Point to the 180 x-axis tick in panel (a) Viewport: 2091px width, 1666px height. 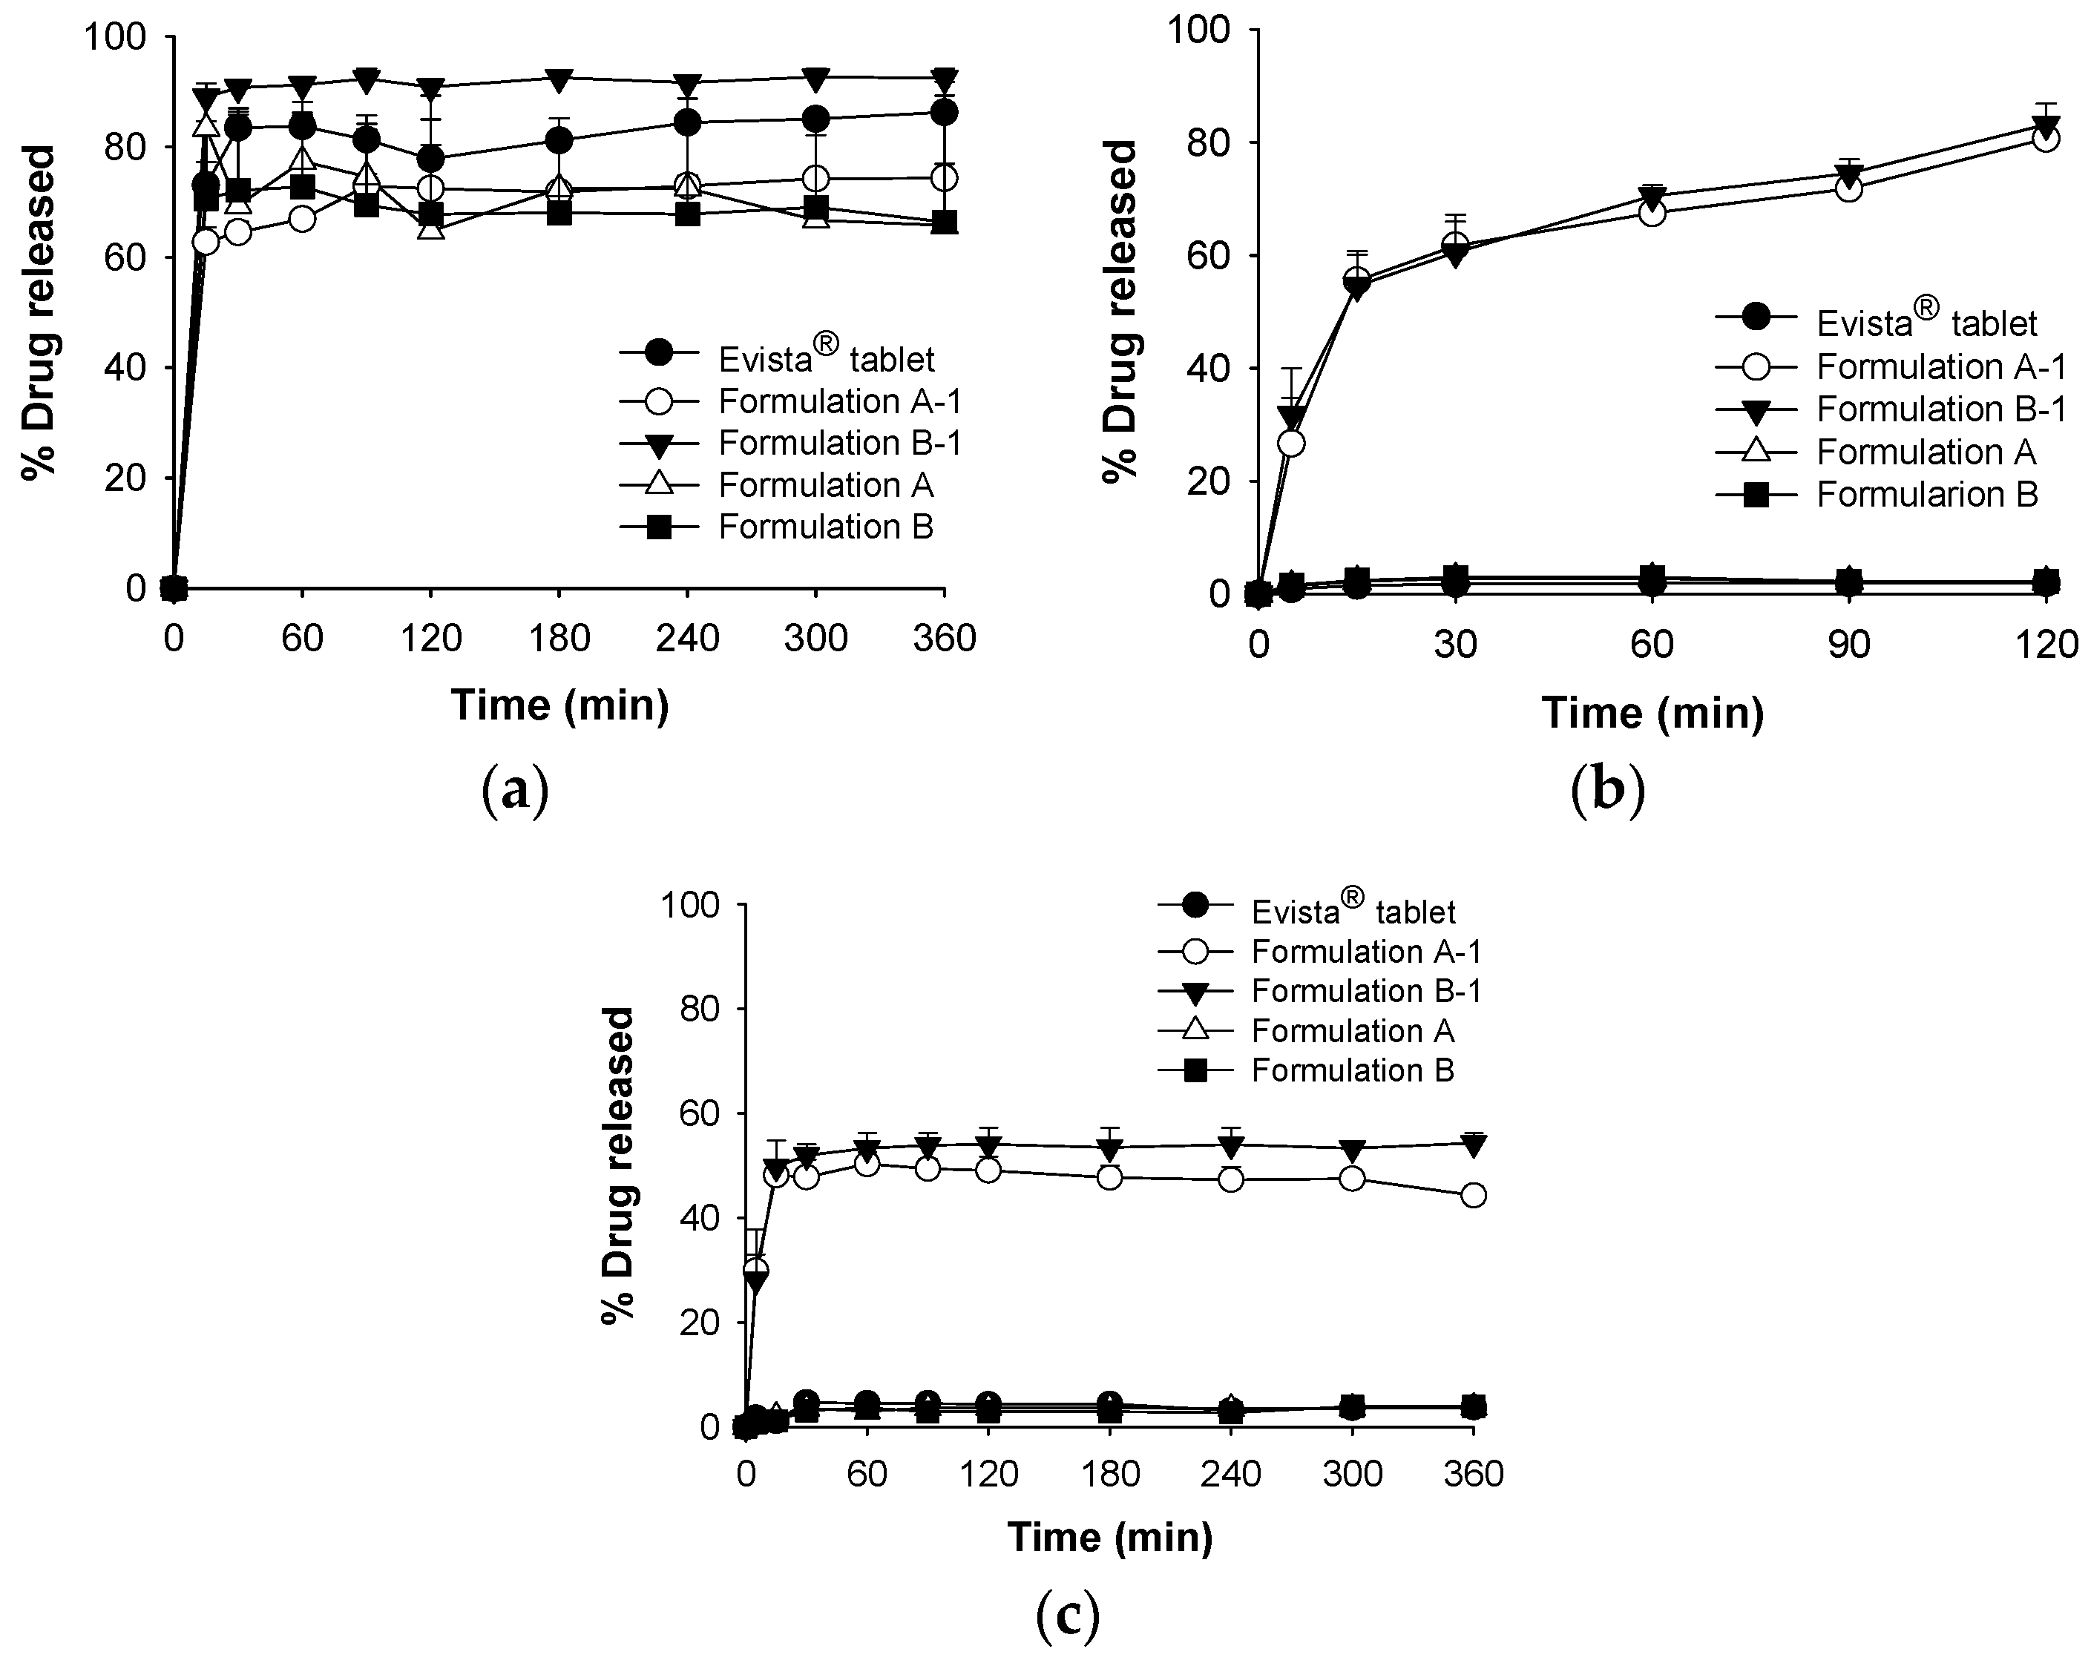(x=559, y=639)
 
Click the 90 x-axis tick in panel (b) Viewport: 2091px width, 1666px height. (x=1848, y=645)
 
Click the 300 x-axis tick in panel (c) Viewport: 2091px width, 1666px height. (x=1352, y=1475)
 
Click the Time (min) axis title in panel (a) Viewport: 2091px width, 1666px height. (x=559, y=705)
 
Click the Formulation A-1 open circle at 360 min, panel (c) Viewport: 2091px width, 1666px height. (x=1473, y=1196)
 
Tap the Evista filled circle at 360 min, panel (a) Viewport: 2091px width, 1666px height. (x=945, y=113)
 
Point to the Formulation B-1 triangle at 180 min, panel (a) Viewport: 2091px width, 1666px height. (x=559, y=79)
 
